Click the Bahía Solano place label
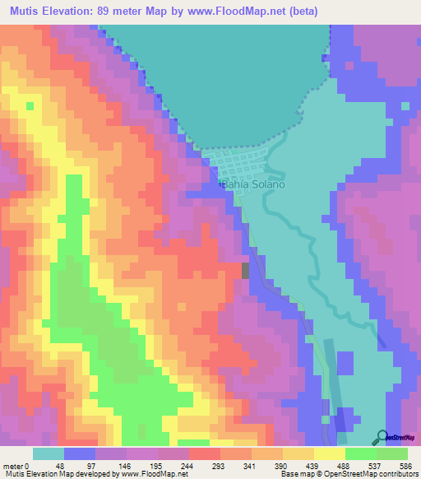click(254, 184)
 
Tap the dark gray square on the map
click(244, 270)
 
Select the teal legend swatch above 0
click(48, 453)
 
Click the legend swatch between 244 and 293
click(205, 453)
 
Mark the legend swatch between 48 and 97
click(80, 453)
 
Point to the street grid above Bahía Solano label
click(238, 165)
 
